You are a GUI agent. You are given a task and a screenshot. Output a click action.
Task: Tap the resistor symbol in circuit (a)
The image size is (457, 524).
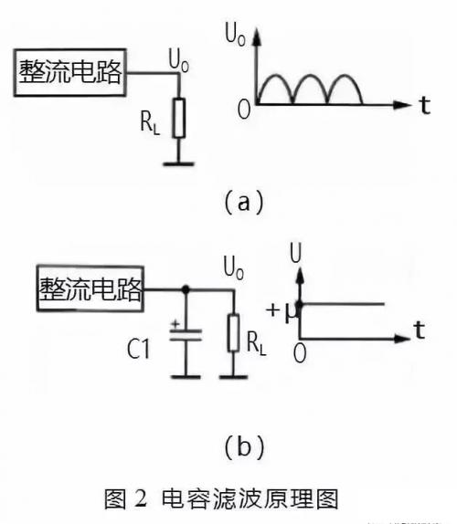(x=179, y=117)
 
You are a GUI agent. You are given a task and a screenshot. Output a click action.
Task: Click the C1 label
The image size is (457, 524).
(x=145, y=348)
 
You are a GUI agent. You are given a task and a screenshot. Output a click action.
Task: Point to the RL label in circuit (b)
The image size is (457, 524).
(x=259, y=344)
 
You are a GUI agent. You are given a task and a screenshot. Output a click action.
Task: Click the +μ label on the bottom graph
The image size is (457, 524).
(x=281, y=310)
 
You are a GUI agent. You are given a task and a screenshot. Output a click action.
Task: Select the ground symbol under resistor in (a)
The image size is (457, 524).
(x=179, y=165)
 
